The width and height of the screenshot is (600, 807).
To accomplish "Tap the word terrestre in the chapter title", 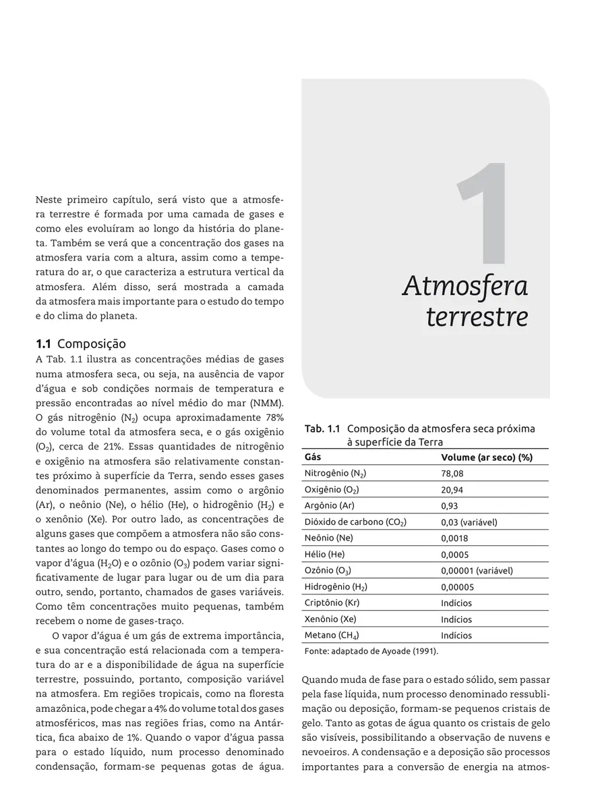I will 477,316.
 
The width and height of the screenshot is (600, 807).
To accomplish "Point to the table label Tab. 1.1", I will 322,429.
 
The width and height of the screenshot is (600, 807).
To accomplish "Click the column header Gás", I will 312,457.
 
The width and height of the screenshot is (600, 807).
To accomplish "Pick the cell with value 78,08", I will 452,474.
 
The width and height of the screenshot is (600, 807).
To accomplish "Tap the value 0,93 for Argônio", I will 449,506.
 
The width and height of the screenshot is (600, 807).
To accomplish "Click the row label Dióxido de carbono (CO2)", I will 355,522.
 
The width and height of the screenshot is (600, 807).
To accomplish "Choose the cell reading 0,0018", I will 454,538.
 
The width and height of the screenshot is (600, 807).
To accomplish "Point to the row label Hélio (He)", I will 324,555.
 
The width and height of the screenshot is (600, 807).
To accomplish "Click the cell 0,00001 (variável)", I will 477,571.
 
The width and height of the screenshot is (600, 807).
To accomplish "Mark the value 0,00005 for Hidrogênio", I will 457,587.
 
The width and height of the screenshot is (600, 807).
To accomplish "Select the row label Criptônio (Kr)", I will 332,603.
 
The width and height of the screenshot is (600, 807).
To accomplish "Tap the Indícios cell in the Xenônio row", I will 456,619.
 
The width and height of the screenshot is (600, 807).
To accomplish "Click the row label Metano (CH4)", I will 332,636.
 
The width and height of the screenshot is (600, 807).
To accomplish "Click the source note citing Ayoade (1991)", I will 371,652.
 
